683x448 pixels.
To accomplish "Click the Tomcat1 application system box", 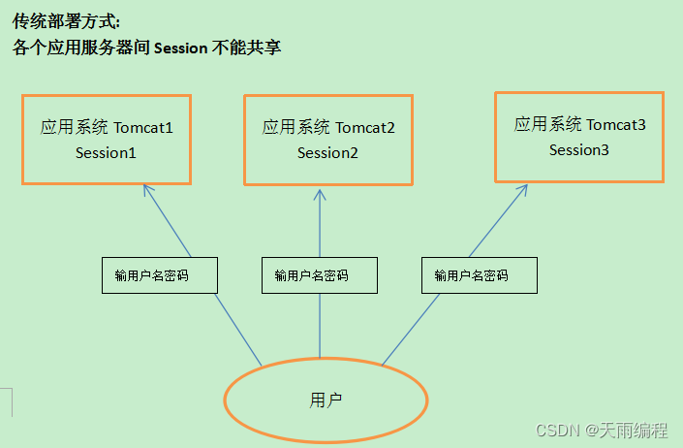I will pos(107,139).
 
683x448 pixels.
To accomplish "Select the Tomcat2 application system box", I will pos(327,139).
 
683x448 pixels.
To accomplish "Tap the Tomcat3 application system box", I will pos(579,137).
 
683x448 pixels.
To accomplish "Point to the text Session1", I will pos(107,153).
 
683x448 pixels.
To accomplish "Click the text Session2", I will pos(327,153).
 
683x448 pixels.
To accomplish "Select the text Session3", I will pos(579,150).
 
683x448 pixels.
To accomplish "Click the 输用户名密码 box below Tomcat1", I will pos(160,275).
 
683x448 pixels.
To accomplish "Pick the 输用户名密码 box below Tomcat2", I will pos(320,275).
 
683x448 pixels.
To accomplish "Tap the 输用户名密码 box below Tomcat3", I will pos(480,275).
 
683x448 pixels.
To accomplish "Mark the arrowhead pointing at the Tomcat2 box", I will pos(320,193).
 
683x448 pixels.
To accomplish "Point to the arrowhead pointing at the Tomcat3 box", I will pos(524,188).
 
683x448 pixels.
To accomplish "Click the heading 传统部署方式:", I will pos(67,21).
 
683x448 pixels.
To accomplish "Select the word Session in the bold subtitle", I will pos(180,48).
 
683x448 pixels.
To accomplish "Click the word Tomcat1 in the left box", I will pos(143,128).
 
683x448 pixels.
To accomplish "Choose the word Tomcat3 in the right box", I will pos(616,125).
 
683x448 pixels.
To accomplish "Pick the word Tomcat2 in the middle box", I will pos(365,128).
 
